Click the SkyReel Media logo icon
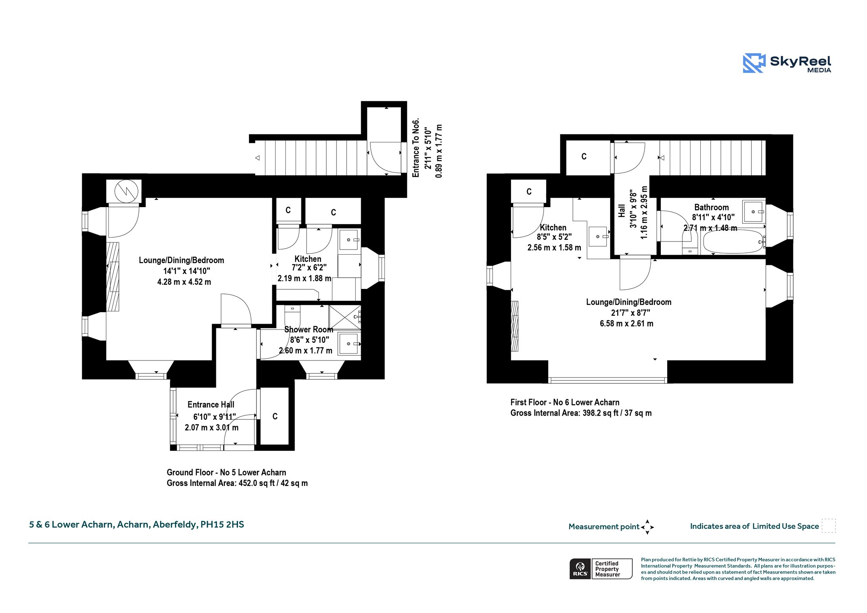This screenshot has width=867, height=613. (x=754, y=63)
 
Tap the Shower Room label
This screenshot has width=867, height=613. (x=309, y=330)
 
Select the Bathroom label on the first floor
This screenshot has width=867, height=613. (x=712, y=208)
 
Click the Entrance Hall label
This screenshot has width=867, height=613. (x=211, y=405)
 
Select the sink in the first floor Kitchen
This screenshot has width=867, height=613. (x=599, y=236)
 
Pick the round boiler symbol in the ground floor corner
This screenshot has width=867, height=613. (x=126, y=191)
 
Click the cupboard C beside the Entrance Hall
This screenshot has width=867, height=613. (x=274, y=416)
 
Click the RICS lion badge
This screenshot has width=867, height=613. (x=580, y=569)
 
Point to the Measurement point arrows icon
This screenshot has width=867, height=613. (x=647, y=527)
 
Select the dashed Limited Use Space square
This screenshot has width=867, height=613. (x=828, y=526)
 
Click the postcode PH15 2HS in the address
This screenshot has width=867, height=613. (x=222, y=524)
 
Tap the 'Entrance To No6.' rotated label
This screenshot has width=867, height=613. (x=416, y=147)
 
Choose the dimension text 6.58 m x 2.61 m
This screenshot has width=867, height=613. (x=627, y=324)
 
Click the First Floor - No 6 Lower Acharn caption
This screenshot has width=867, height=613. (x=565, y=402)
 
